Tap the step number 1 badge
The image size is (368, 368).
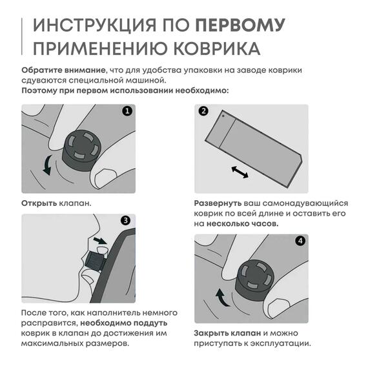[x=127, y=111]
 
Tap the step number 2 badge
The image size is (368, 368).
[x=203, y=111]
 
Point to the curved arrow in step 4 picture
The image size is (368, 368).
[x=221, y=297]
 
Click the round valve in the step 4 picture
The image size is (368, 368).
[x=253, y=280]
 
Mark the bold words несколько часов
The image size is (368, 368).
[x=242, y=223]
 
